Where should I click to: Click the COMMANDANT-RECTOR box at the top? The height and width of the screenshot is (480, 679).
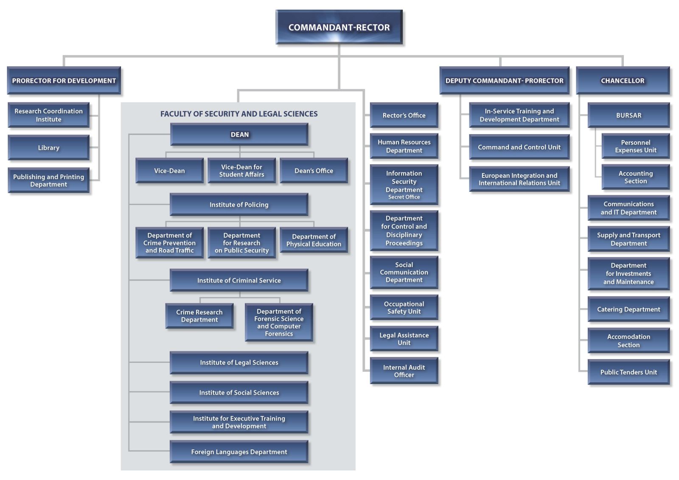coord(339,27)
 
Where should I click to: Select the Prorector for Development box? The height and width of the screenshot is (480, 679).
coord(64,80)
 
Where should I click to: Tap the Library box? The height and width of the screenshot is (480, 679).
coord(49,148)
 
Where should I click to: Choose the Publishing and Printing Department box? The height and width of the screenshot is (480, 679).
coord(49,180)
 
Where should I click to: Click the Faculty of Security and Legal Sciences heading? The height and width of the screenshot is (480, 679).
coord(239,114)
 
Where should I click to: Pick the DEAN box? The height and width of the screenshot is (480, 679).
coord(239,135)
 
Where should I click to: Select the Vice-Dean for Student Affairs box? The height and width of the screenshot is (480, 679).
coord(242,171)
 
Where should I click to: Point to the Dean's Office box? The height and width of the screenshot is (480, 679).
coord(314,171)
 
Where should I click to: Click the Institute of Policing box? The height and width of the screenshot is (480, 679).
coord(239,205)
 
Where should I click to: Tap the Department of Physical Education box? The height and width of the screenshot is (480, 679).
coord(314,240)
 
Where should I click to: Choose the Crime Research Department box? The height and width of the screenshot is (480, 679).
coord(199,316)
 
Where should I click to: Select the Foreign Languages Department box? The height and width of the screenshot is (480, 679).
coord(239,452)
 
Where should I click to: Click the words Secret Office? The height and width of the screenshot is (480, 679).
coord(404,197)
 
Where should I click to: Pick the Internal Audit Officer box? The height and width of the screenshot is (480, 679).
coord(404,371)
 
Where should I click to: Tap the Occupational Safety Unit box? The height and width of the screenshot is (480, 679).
coord(404,307)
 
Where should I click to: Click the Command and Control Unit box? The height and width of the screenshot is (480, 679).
coord(519,147)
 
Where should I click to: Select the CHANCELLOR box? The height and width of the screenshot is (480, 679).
coord(623,80)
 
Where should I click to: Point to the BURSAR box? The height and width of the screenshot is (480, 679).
coord(628,115)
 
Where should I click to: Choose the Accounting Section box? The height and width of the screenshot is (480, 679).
coord(636,177)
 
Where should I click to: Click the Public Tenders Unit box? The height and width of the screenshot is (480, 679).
coord(628,372)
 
